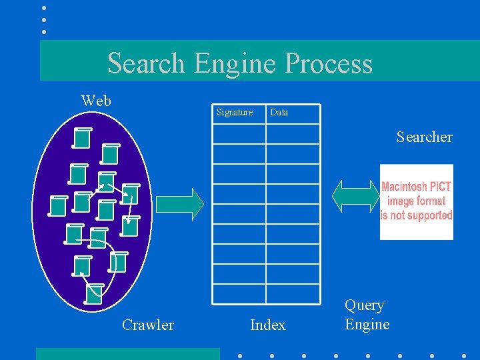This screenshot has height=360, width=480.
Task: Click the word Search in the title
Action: [146, 63]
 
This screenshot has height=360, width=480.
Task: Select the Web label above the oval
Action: [96, 101]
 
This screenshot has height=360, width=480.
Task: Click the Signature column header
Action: [235, 113]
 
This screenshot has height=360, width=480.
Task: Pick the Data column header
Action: [279, 113]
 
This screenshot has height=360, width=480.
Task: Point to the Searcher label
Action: [424, 137]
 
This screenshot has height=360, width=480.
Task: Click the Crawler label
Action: [147, 325]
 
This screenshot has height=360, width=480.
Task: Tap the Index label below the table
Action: [267, 325]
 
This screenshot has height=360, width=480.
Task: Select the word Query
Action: [364, 305]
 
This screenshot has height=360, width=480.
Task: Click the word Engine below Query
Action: [367, 325]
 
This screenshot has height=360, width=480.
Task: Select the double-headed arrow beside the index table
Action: [355, 196]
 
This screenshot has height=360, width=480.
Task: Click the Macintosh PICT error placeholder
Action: [416, 202]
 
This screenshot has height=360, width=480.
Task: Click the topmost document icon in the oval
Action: [81, 137]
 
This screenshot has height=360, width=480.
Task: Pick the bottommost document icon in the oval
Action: [95, 293]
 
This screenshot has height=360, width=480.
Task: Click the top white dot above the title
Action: [44, 8]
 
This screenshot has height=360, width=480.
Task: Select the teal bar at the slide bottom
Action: [127, 354]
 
